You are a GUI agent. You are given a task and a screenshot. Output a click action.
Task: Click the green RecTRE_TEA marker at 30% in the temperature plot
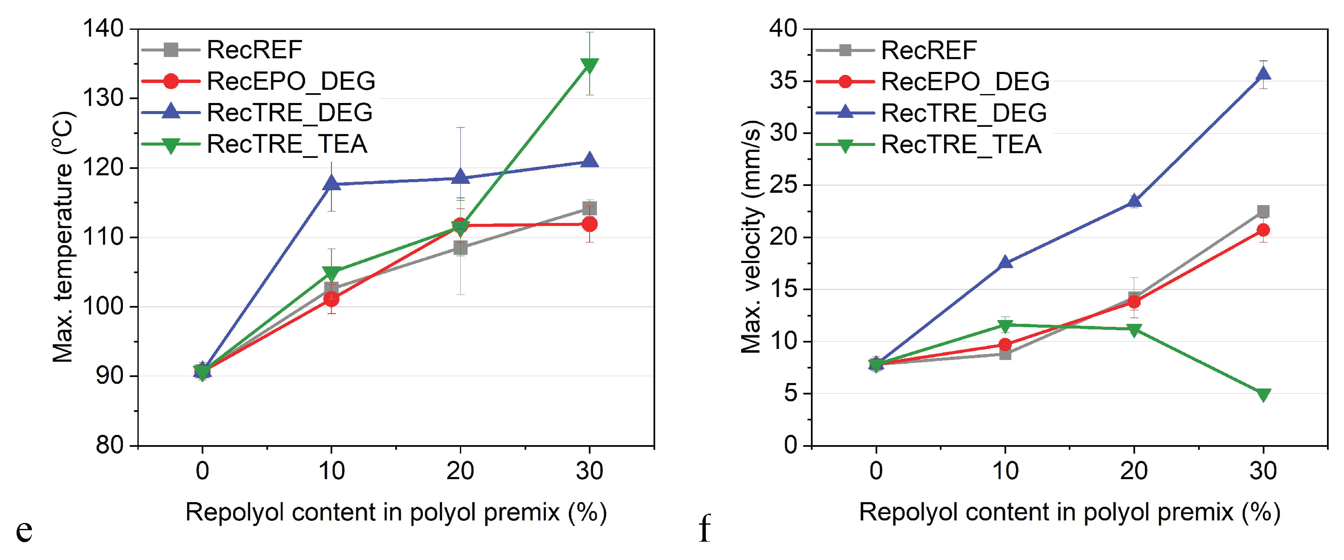pos(589,65)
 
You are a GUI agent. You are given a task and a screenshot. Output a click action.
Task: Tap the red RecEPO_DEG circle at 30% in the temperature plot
pos(590,224)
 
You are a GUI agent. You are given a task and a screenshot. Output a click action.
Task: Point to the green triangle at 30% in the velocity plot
pos(1263,394)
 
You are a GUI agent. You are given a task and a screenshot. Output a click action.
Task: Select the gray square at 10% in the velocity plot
pos(1005,354)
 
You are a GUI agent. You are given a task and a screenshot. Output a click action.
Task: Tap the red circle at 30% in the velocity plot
pos(1263,230)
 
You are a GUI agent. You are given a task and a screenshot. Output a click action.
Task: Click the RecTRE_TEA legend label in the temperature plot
pos(287,144)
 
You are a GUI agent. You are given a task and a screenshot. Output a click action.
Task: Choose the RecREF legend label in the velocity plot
pos(929,50)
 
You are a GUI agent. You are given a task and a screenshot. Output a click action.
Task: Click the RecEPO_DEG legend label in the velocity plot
pos(965,81)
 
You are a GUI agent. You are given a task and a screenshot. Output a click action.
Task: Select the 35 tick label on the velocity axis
pos(783,81)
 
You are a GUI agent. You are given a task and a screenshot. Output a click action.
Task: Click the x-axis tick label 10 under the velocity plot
pos(1005,471)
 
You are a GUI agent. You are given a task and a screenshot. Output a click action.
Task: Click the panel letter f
pos(705,528)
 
